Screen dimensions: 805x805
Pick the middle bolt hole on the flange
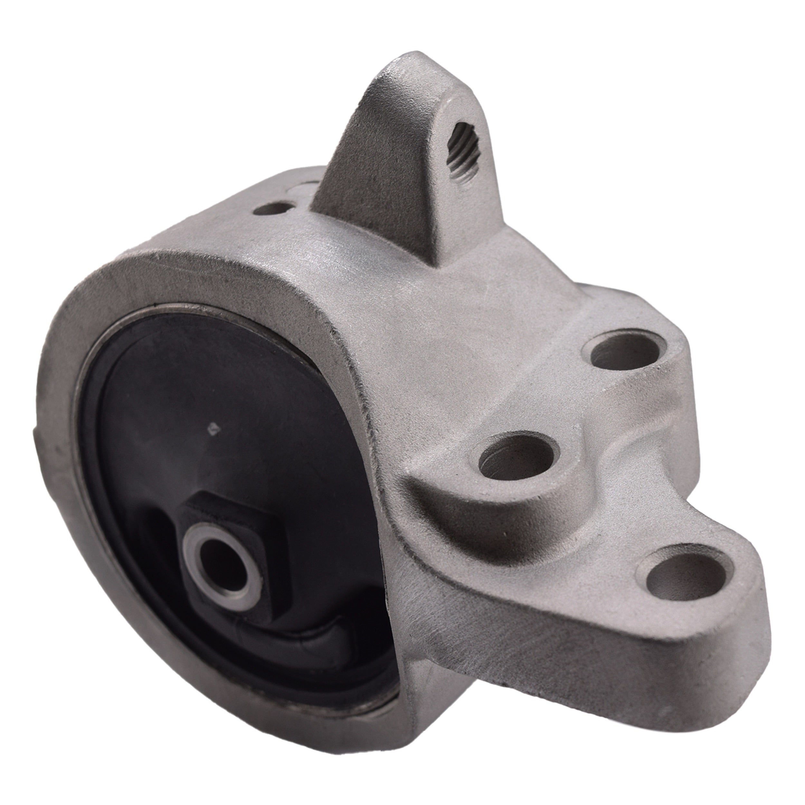516,458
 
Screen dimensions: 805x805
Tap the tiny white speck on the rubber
213,428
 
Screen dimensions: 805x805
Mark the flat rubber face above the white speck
208,375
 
